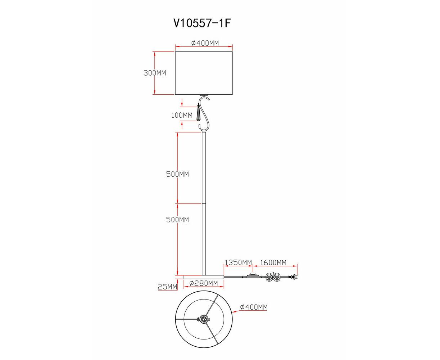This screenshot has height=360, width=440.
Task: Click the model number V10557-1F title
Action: (x=202, y=23)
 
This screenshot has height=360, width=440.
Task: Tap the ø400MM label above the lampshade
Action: (x=205, y=43)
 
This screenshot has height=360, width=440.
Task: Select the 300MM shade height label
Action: (x=155, y=73)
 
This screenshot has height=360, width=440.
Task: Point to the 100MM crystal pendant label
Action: (x=182, y=115)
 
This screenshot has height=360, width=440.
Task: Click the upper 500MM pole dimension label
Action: (x=177, y=174)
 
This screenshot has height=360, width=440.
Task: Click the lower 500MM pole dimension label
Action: (x=177, y=220)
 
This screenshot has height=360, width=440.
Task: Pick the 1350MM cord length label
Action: (x=238, y=262)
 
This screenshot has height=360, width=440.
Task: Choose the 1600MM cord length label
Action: (x=273, y=262)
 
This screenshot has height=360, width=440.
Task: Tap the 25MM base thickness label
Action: (x=167, y=287)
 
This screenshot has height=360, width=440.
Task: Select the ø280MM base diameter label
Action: (x=204, y=283)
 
